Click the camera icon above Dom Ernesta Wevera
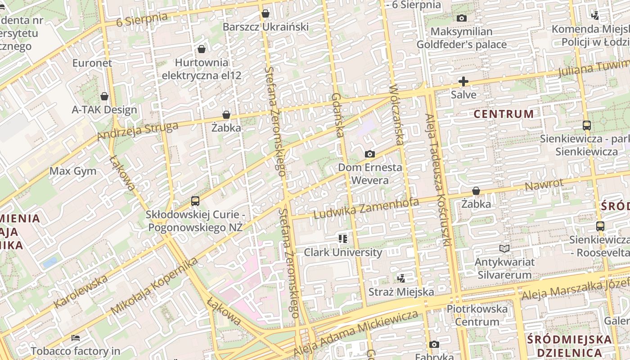pos(369,154)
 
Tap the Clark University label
pos(343,252)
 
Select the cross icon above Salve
pos(463,81)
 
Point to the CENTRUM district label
pos(504,114)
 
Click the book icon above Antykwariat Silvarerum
pos(504,248)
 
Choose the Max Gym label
pos(73,171)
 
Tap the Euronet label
pos(92,63)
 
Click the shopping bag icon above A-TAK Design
pos(104,96)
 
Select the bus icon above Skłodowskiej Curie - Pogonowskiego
pos(195,201)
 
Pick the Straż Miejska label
pos(401,292)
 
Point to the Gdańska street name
pos(337,115)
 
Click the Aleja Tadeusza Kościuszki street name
pos(438,180)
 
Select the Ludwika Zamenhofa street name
pos(366,208)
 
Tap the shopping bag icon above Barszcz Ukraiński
pos(265,13)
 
